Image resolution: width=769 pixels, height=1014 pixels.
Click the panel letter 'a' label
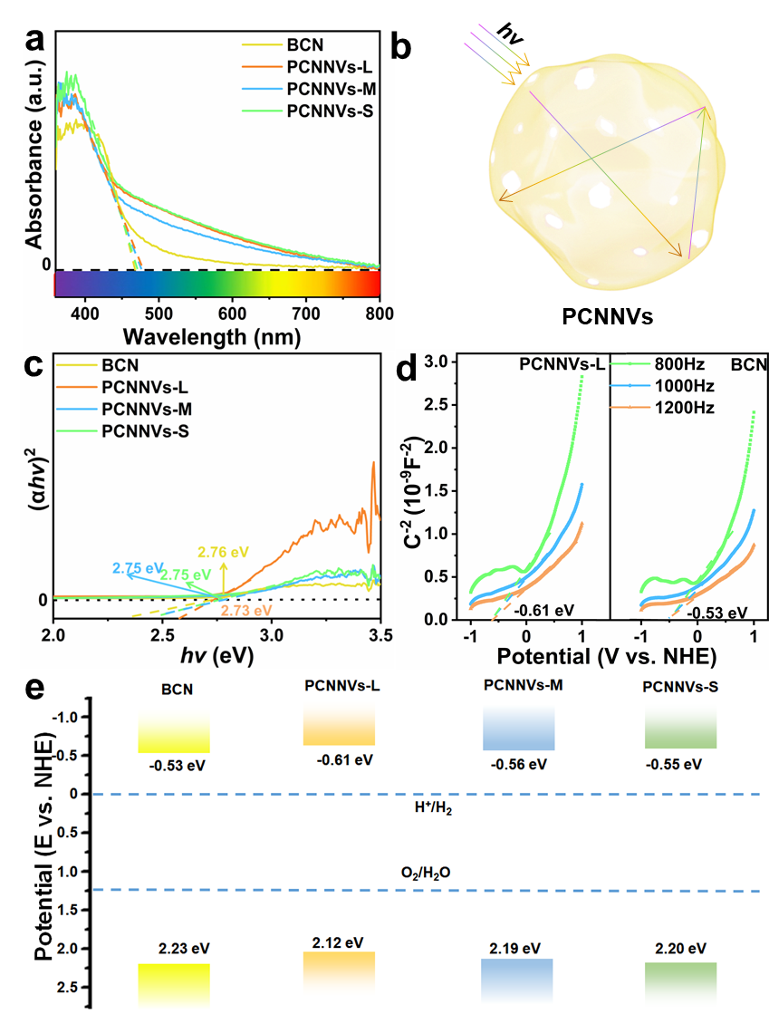pos(35,42)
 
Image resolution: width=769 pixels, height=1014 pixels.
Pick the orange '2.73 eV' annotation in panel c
pos(249,612)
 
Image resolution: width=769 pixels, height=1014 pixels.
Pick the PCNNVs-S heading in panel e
pos(680,688)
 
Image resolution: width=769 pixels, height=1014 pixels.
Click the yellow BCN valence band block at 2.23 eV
pos(174,986)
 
